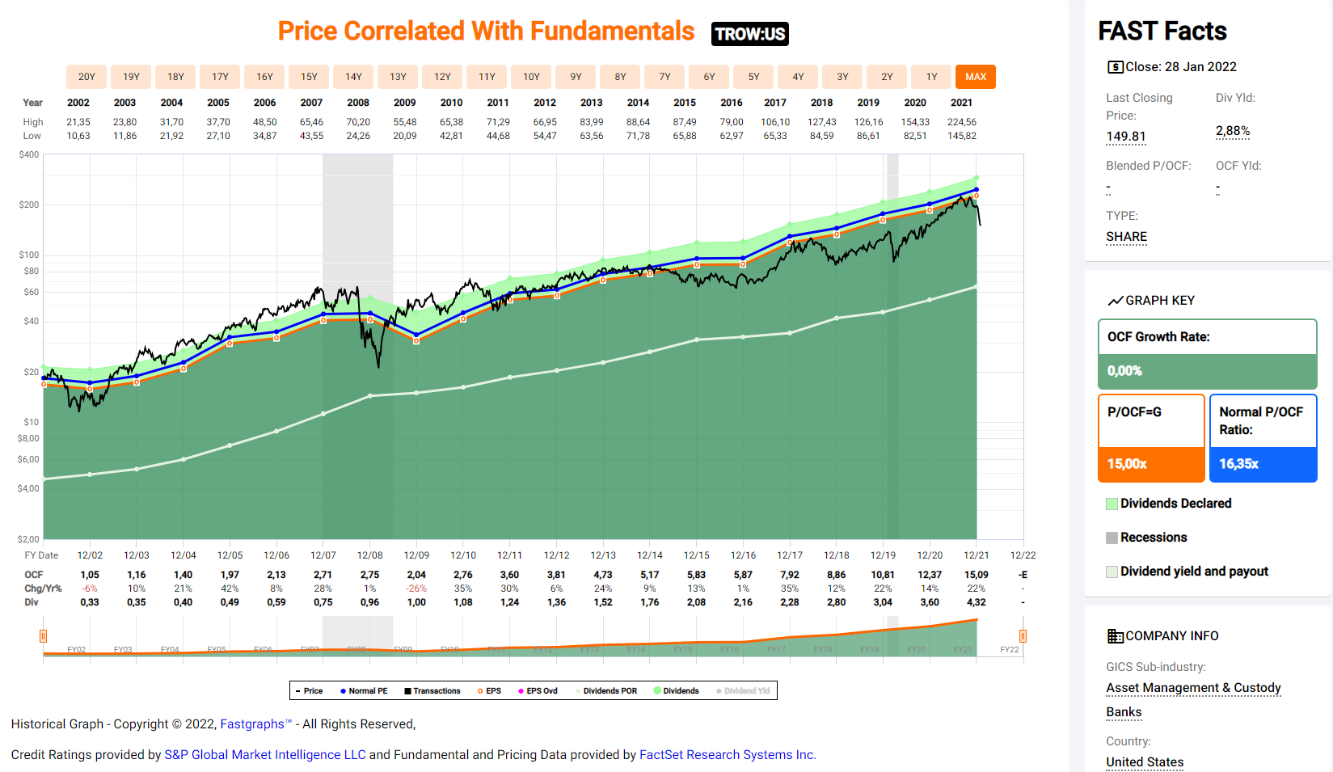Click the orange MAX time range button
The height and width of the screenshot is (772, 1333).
point(975,77)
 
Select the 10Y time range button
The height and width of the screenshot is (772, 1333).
point(531,77)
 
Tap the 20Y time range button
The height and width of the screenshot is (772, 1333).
point(86,77)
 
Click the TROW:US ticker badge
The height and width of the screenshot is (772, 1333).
point(749,34)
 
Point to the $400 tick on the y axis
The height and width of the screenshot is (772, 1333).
point(29,154)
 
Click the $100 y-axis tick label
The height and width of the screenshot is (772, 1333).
point(29,255)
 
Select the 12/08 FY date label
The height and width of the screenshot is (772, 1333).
point(369,555)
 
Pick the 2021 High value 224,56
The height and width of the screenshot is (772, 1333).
point(961,122)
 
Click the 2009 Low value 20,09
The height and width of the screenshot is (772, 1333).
point(404,136)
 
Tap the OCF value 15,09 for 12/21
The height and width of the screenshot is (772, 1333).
point(976,575)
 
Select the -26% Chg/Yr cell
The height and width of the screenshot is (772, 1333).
point(416,588)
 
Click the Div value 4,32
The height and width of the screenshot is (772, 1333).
point(976,602)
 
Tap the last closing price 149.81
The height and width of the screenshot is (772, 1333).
point(1125,137)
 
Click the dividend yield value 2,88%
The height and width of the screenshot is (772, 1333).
point(1232,131)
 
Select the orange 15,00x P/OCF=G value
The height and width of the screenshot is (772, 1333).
point(1127,464)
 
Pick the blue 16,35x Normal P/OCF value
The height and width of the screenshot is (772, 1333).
point(1238,464)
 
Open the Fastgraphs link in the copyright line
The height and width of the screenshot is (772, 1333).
point(252,724)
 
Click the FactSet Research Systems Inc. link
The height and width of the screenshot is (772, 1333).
point(728,755)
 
